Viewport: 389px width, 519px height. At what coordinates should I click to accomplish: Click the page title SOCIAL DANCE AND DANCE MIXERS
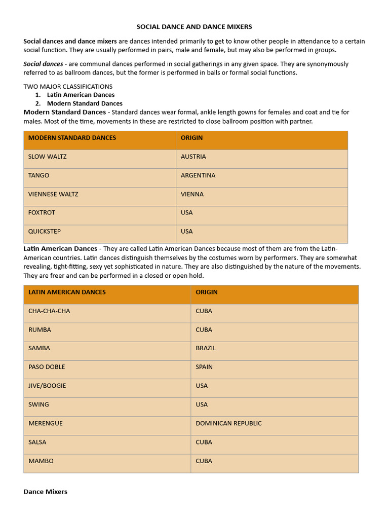pyautogui.click(x=194, y=26)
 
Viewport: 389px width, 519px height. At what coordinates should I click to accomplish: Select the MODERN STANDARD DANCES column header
pyautogui.click(x=72, y=138)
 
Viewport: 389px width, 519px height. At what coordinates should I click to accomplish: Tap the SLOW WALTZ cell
pyautogui.click(x=47, y=157)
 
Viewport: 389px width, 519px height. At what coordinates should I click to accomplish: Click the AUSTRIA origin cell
pyautogui.click(x=193, y=157)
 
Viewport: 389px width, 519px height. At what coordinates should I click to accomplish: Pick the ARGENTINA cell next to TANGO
pyautogui.click(x=198, y=175)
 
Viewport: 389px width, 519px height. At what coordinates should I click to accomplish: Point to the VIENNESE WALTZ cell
pyautogui.click(x=53, y=194)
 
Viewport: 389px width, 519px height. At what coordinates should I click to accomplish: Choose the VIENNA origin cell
pyautogui.click(x=192, y=194)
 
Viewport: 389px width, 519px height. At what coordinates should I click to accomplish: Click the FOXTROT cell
pyautogui.click(x=42, y=213)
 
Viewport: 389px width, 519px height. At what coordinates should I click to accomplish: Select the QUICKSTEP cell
pyautogui.click(x=44, y=232)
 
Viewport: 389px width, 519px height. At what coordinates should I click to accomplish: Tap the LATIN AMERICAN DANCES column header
pyautogui.click(x=67, y=292)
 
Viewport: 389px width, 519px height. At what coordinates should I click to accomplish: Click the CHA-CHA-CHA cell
pyautogui.click(x=49, y=311)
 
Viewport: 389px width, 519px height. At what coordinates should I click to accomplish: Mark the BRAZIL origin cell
pyautogui.click(x=206, y=348)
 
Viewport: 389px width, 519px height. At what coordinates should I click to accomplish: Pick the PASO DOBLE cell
pyautogui.click(x=47, y=367)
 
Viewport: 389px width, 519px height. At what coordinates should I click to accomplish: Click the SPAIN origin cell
pyautogui.click(x=204, y=367)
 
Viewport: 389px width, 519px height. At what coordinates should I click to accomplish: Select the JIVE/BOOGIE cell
pyautogui.click(x=47, y=386)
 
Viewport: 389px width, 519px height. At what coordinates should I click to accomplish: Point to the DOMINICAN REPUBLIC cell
pyautogui.click(x=228, y=423)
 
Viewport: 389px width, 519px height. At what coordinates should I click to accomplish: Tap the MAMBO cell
pyautogui.click(x=41, y=461)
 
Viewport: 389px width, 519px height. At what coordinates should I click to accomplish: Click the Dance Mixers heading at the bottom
pyautogui.click(x=45, y=492)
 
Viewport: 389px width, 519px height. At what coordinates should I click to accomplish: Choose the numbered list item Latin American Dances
pyautogui.click(x=81, y=95)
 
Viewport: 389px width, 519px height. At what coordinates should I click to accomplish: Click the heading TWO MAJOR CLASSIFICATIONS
pyautogui.click(x=68, y=87)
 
